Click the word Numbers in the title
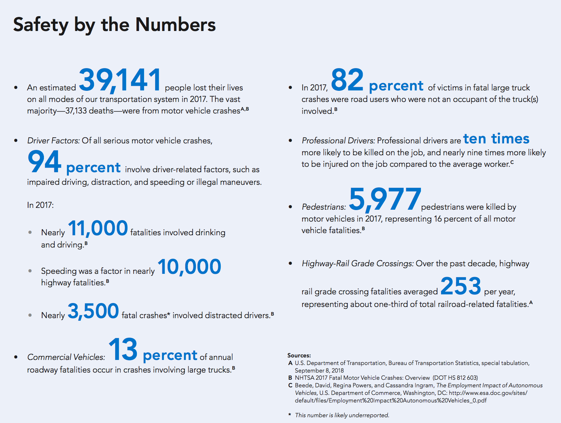175,25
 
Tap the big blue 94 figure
45,162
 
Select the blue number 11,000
98,228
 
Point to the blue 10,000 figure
189,267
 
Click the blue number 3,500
93,311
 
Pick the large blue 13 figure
123,349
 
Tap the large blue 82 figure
347,80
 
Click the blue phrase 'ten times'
496,139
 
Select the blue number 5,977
385,199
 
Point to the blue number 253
461,286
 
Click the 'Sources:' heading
299,355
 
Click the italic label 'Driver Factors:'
54,141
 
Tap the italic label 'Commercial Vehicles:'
66,357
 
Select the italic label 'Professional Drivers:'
338,141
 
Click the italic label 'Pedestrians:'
324,207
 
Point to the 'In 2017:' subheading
40,205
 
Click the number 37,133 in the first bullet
76,111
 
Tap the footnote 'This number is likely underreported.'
342,415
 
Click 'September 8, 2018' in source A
319,370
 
